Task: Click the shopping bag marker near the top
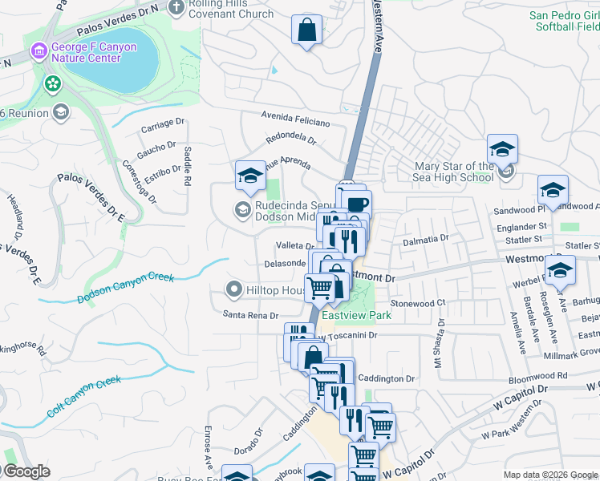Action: (x=306, y=31)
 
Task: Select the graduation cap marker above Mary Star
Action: (x=502, y=149)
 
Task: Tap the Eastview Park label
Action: (x=356, y=316)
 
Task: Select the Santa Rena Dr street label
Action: (x=250, y=315)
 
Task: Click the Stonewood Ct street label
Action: (x=417, y=304)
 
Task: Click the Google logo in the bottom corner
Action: (x=26, y=471)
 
